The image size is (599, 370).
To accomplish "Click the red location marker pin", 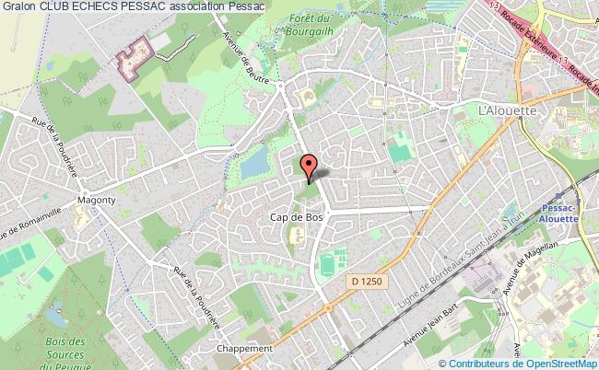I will (311, 166).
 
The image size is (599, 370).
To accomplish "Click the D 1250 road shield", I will (365, 279).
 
